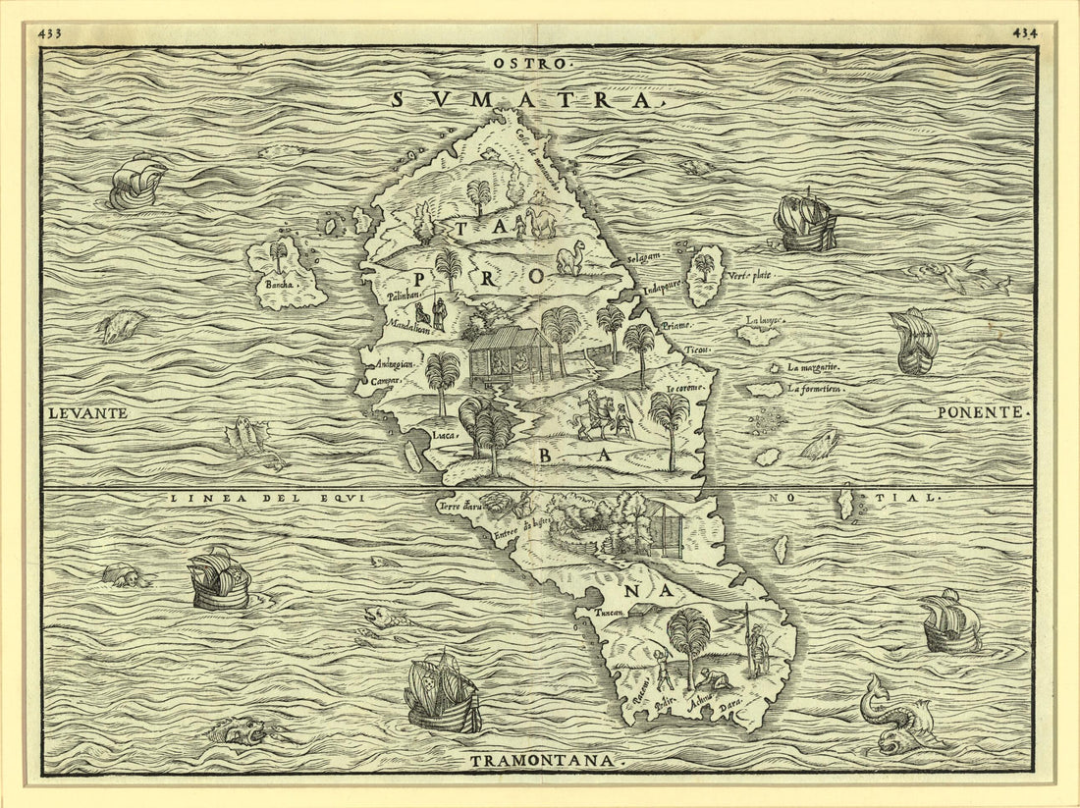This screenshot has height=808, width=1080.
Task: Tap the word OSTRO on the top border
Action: click(x=529, y=64)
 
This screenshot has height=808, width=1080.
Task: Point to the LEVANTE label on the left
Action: click(x=87, y=413)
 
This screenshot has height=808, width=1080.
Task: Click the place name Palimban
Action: click(x=403, y=294)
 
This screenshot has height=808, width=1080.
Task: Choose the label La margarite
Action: click(x=814, y=367)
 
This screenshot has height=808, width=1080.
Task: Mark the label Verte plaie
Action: click(x=750, y=276)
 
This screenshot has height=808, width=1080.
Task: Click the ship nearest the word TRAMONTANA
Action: click(x=443, y=695)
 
